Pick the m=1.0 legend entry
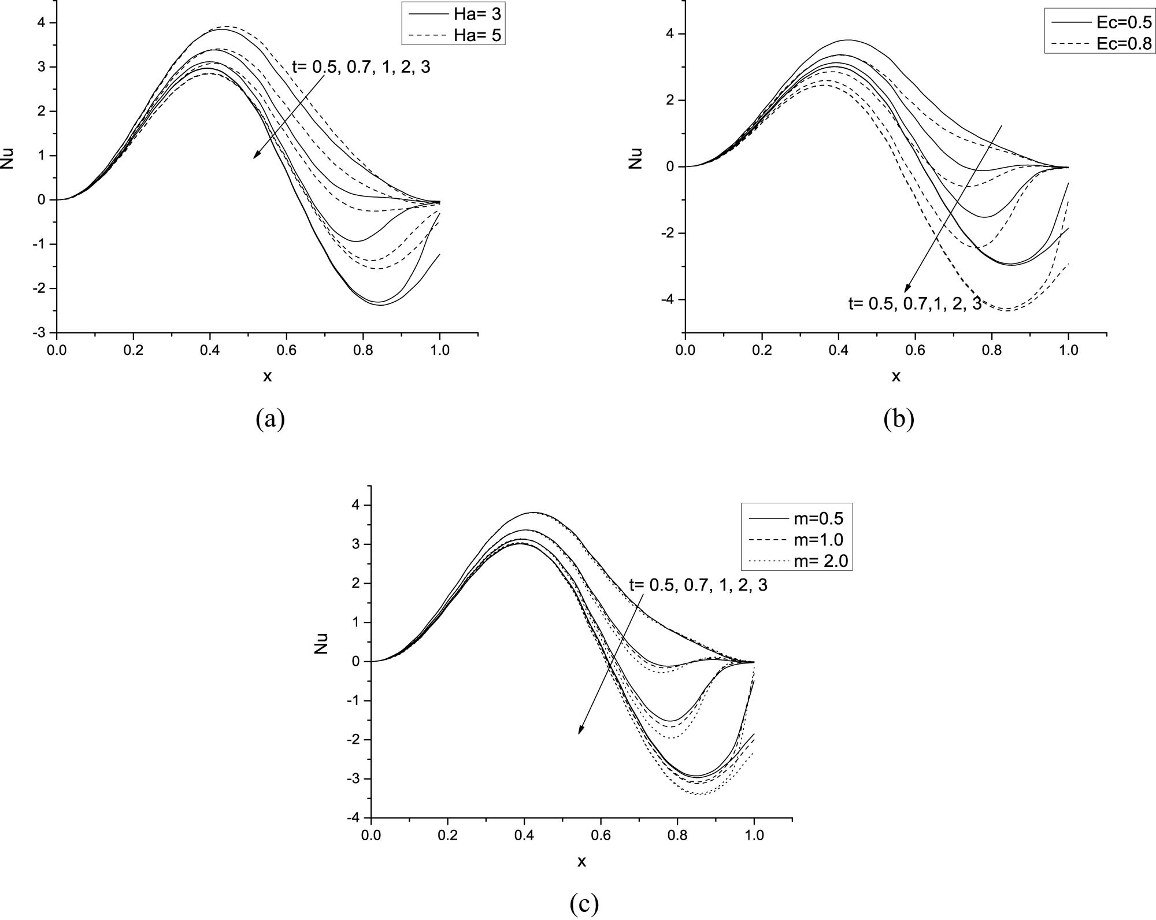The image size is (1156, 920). pos(796,540)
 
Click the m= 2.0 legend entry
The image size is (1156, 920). pos(796,561)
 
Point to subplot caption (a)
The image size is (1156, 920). pos(270,418)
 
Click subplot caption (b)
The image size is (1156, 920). pos(899,418)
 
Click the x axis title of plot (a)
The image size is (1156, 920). pos(267,377)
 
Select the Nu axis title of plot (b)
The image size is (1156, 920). pos(636,158)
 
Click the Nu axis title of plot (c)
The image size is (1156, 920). pos(321,643)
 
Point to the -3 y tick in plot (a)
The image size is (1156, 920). pos(40,333)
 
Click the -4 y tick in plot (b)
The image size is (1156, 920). pos(669,299)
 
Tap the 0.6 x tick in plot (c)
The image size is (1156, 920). pos(601,836)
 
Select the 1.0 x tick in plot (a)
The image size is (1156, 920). pos(440,351)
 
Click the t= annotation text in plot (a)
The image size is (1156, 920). pos(361,67)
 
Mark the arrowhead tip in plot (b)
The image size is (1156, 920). pos(905,292)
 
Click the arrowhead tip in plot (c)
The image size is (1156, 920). pos(580,733)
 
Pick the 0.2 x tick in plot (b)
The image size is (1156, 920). pos(762,351)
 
